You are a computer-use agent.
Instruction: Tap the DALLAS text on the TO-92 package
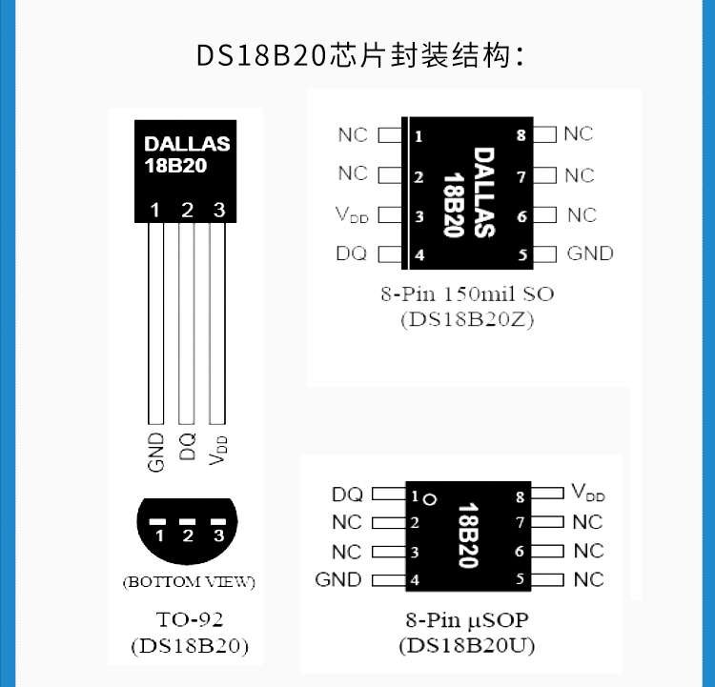187,145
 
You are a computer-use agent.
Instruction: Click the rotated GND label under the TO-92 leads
157,453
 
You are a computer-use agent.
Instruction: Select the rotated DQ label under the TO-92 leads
188,445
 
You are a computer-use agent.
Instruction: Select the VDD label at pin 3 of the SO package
352,215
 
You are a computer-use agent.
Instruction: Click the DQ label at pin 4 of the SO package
352,253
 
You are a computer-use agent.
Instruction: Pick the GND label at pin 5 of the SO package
590,253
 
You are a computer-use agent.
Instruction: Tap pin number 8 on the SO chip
521,135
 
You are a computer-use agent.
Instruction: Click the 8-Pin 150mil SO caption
466,293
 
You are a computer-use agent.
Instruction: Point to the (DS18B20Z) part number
467,320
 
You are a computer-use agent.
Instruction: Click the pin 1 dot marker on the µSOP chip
430,498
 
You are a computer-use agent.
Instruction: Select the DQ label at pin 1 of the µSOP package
347,495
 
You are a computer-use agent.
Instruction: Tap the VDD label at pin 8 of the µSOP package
588,493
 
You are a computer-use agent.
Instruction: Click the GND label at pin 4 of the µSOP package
338,579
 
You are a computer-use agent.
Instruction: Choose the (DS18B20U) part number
466,645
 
